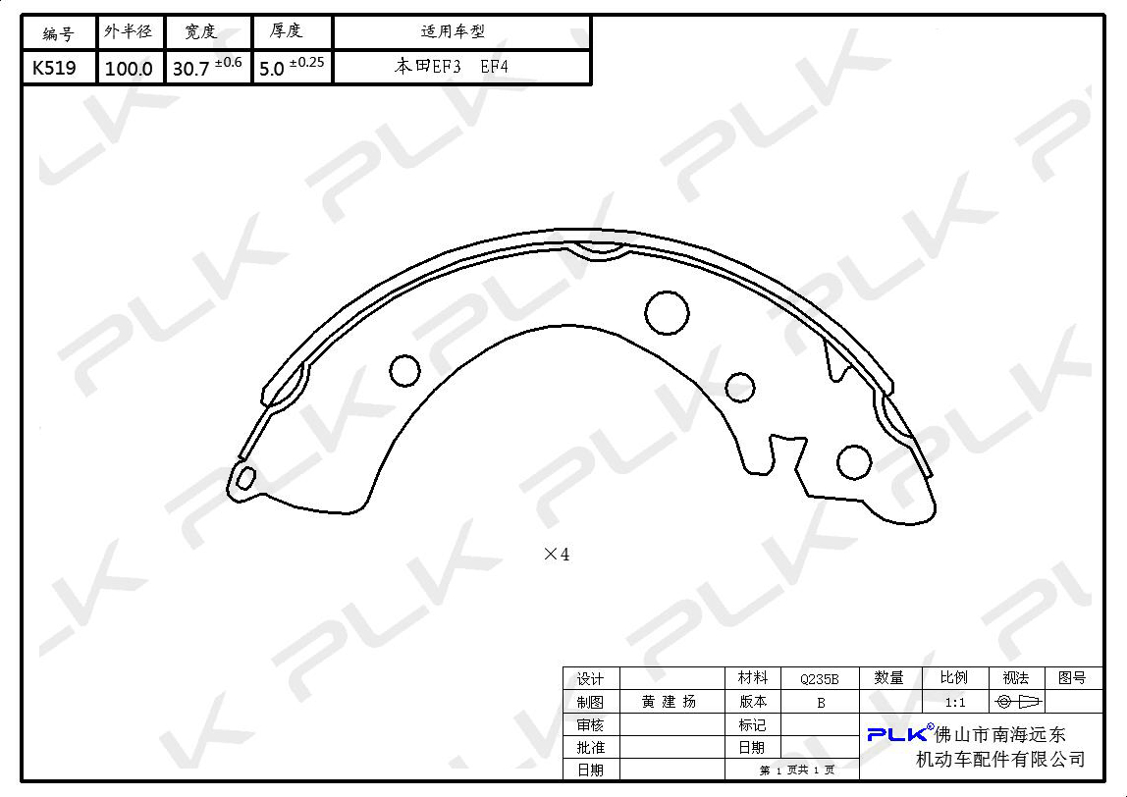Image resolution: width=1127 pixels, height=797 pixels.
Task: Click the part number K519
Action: pyautogui.click(x=54, y=68)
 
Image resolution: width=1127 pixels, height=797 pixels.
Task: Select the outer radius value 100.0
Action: pyautogui.click(x=129, y=69)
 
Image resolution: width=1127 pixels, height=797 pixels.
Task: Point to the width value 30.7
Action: pyautogui.click(x=191, y=69)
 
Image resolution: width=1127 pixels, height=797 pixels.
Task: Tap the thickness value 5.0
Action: pyautogui.click(x=272, y=69)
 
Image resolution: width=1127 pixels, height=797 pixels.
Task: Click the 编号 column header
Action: pyautogui.click(x=58, y=33)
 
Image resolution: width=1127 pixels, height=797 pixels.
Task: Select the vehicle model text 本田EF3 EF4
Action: pyautogui.click(x=452, y=67)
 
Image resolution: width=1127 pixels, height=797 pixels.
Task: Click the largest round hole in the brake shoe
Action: pyautogui.click(x=667, y=313)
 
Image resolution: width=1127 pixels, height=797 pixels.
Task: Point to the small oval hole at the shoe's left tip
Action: pyautogui.click(x=245, y=477)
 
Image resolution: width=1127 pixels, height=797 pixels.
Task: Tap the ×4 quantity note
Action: pyautogui.click(x=557, y=555)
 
